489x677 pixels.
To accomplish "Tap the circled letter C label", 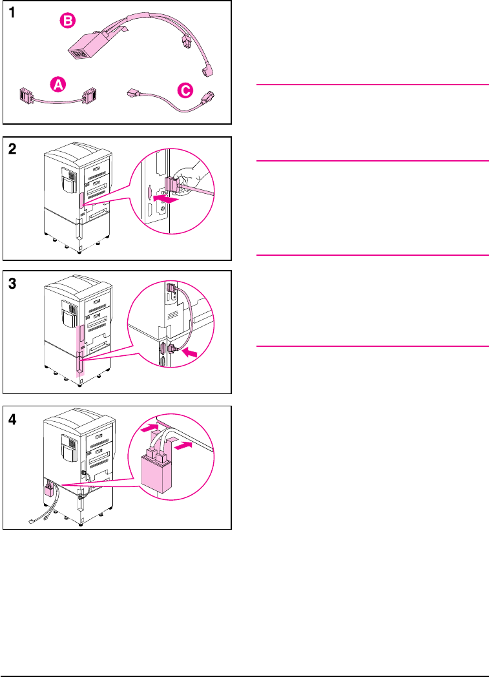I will click(185, 91).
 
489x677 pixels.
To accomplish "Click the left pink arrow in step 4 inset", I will click(149, 426).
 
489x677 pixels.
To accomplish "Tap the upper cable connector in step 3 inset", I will click(171, 290).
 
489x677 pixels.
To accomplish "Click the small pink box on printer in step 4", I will click(49, 491).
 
